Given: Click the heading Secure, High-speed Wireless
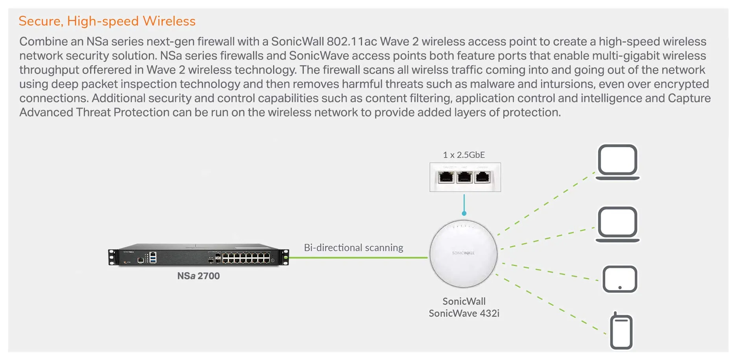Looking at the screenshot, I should pos(107,21).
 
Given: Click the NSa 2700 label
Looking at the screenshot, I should pos(198,276).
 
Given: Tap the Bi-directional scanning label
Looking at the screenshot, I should pos(353,248).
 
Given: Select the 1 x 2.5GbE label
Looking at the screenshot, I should pos(464,155).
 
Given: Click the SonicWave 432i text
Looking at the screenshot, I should pos(464,314).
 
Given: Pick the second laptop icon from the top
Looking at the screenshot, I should pos(617,224).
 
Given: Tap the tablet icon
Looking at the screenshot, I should pos(620,279).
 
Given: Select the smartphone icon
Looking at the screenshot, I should pos(621,331).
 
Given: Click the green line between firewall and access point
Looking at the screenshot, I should pos(358,258).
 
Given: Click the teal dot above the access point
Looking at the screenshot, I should pos(464,213).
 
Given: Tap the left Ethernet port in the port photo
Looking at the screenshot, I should pos(446,177).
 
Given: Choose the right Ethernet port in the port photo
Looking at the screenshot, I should pos(482,177).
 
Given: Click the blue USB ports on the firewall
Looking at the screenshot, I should pos(153,257).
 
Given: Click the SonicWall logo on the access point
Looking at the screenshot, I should pos(463,253).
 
